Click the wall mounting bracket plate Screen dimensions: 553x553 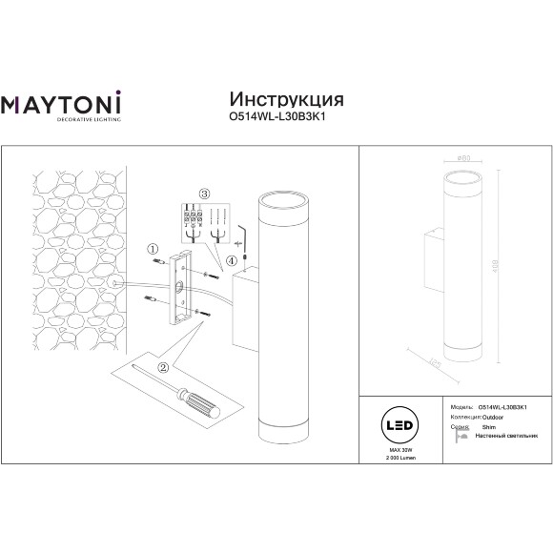tap(180, 286)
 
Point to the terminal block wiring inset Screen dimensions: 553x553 tap(204, 225)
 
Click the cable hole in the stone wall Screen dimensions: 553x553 tap(113, 284)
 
